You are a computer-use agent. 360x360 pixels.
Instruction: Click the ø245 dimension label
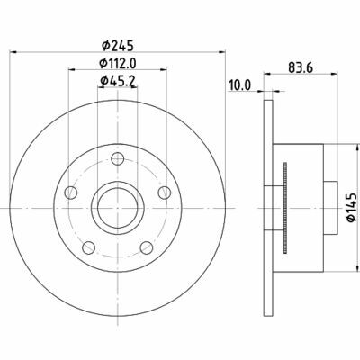click(117, 46)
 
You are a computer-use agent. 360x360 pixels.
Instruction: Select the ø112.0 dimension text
click(118, 63)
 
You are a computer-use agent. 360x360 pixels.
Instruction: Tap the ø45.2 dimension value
click(117, 80)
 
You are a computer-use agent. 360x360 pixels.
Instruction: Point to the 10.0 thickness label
click(239, 85)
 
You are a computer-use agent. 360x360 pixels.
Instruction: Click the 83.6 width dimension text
click(301, 68)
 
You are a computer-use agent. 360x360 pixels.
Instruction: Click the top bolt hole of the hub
click(118, 158)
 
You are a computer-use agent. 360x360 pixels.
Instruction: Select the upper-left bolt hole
click(71, 193)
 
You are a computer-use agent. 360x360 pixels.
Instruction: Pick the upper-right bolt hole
click(165, 193)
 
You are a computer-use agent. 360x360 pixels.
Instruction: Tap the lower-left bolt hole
click(89, 247)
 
